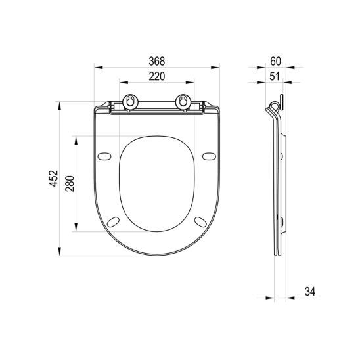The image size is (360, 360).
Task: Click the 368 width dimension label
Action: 157,61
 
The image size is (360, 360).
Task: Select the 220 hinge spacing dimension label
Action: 157,76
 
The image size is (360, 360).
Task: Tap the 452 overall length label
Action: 53,179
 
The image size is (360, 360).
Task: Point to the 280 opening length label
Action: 70,184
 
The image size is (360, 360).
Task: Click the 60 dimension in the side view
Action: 275,61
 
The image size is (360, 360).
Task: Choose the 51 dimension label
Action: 275,76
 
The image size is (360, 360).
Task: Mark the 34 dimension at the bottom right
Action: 310,292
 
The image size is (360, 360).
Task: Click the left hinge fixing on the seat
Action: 131,101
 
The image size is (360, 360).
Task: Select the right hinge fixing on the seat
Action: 183,101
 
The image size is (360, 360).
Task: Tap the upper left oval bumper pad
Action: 104,156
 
